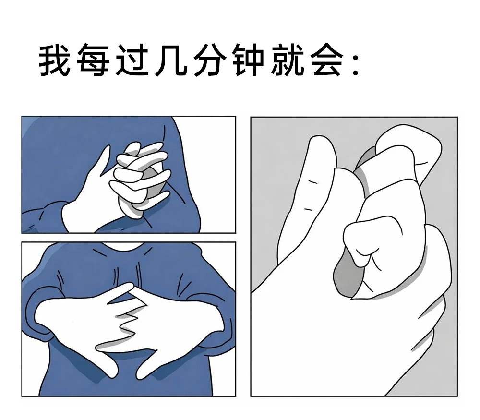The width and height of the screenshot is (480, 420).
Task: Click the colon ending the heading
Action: tap(355, 65)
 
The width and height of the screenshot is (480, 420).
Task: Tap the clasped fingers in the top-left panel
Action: tap(142, 173)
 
